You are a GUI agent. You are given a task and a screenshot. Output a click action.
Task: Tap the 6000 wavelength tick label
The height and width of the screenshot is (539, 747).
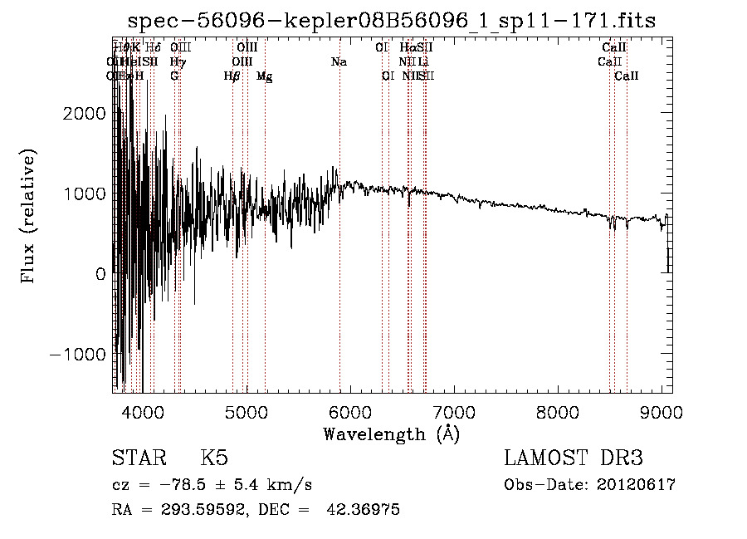[x=349, y=411]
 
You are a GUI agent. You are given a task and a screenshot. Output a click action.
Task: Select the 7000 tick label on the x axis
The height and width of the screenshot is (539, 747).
[x=453, y=411]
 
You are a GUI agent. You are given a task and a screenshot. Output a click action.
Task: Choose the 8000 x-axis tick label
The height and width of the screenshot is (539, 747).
[x=557, y=411]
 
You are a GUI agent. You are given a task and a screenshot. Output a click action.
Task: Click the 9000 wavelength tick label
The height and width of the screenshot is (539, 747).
[x=661, y=411]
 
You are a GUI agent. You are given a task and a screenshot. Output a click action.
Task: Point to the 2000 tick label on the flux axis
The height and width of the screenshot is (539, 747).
[x=85, y=114]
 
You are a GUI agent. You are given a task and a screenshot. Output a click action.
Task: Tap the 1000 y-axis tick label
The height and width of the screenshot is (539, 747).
[x=85, y=194]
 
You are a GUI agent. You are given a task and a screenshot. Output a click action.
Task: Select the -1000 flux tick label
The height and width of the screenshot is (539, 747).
[x=79, y=354]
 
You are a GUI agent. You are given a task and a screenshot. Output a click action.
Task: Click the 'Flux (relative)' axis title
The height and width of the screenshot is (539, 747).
[x=30, y=216]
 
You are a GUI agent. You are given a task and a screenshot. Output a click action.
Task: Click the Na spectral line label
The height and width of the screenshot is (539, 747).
[x=339, y=61]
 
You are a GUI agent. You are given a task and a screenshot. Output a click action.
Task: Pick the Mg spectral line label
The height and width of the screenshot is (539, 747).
[x=264, y=76]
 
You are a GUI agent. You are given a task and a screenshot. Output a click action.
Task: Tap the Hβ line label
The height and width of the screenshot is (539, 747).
[x=232, y=76]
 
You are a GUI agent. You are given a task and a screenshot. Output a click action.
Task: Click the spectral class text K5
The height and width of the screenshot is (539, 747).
[x=214, y=458]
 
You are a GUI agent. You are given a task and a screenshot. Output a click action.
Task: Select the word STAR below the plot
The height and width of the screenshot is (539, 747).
[x=139, y=458]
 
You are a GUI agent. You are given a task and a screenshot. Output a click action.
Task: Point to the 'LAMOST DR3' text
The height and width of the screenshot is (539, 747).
[x=573, y=458]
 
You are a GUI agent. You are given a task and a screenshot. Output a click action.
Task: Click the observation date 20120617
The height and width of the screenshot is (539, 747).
[x=636, y=484]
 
